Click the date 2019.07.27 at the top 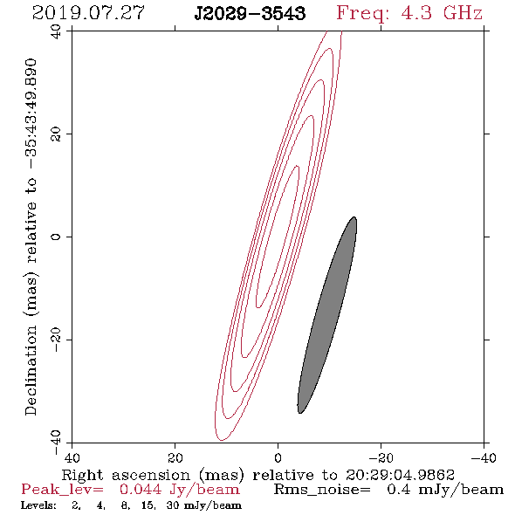pyautogui.click(x=88, y=13)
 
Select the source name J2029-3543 pyautogui.click(x=250, y=14)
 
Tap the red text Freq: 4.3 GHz pyautogui.click(x=409, y=14)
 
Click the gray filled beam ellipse pyautogui.click(x=327, y=315)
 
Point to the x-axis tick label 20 pyautogui.click(x=175, y=458)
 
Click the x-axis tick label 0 pyautogui.click(x=278, y=458)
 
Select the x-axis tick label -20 pyautogui.click(x=381, y=458)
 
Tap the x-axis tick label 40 pyautogui.click(x=72, y=458)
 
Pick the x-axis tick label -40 pyautogui.click(x=484, y=458)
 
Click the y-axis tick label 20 pyautogui.click(x=56, y=134)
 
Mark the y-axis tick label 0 pyautogui.click(x=56, y=237)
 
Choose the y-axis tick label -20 pyautogui.click(x=56, y=340)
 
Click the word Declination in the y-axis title pyautogui.click(x=31, y=370)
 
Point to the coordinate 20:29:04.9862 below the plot pyautogui.click(x=400, y=475)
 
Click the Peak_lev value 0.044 pyautogui.click(x=141, y=490)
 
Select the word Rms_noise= pyautogui.click(x=322, y=490)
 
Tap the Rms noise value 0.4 pyautogui.click(x=398, y=490)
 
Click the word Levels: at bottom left pyautogui.click(x=38, y=505)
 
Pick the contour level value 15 pyautogui.click(x=148, y=505)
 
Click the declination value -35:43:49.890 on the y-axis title pyautogui.click(x=31, y=114)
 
